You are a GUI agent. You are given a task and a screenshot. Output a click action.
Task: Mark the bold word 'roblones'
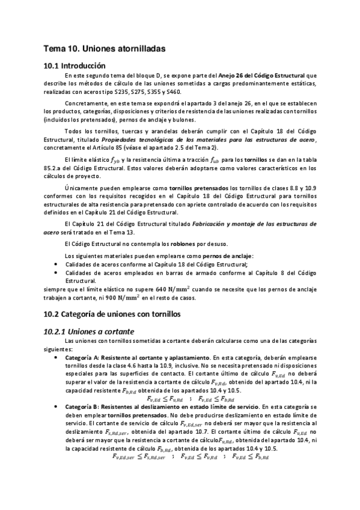coord(195,244)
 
